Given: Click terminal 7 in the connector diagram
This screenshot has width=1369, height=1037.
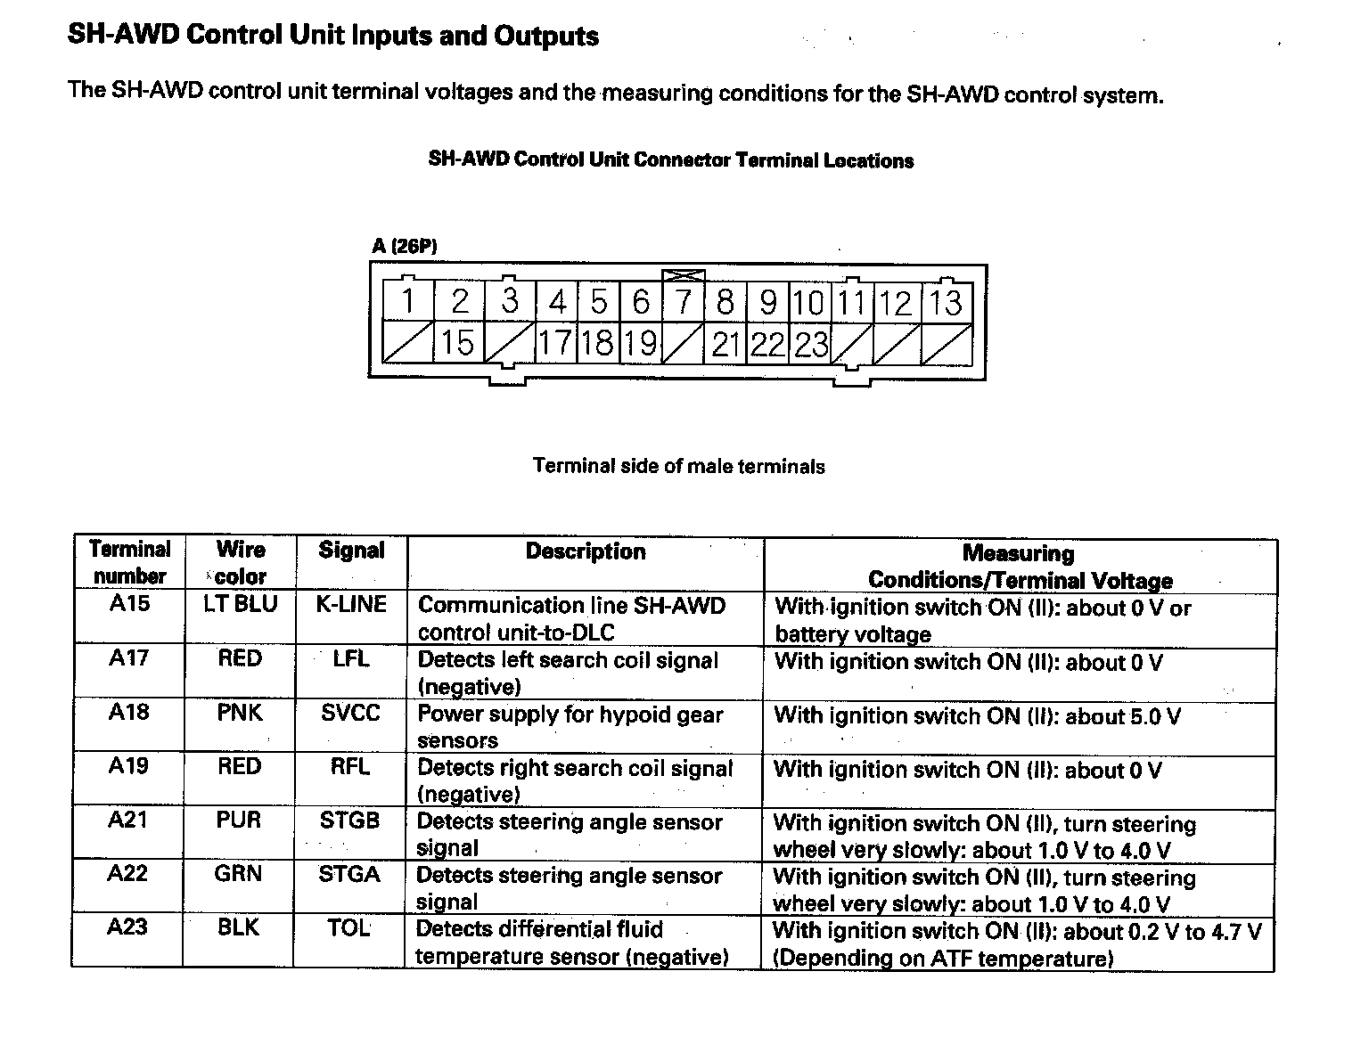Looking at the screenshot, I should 684,302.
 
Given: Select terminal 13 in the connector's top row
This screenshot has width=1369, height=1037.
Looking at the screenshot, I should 947,302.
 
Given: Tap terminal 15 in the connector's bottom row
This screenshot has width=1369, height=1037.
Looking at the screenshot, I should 458,343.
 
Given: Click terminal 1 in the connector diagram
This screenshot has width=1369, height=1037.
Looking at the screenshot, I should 407,302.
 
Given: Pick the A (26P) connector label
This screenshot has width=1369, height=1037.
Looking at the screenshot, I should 405,247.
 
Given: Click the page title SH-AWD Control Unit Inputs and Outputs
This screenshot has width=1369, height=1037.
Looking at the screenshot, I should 333,37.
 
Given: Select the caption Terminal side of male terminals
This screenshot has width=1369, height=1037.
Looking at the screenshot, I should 678,466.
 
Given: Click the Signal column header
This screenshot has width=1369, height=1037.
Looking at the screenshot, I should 351,551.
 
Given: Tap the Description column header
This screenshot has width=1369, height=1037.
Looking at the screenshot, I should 586,551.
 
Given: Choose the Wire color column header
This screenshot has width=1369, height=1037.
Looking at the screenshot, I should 241,562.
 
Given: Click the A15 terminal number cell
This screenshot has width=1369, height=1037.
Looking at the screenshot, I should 129,604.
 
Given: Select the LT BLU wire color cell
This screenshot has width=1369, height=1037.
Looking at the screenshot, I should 241,604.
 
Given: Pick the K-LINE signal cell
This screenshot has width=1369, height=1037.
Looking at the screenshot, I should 351,605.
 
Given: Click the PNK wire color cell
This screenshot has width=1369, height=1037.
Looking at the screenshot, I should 240,713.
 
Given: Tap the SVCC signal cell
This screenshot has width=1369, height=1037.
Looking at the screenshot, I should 350,713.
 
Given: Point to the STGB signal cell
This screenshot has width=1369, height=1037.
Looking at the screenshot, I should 349,821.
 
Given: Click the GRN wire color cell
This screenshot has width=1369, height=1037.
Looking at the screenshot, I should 238,874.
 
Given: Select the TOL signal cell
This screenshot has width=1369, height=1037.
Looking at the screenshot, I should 348,928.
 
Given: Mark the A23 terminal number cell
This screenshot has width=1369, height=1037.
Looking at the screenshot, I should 127,927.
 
